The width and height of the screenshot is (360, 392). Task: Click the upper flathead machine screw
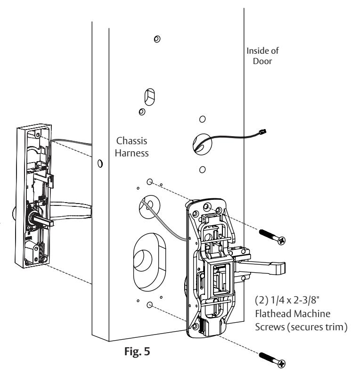(272, 237)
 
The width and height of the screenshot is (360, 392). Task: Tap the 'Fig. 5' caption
(137, 351)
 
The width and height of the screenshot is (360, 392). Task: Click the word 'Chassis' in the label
(132, 141)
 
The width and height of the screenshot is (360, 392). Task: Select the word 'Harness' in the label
(132, 153)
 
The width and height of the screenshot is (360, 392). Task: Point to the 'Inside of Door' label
(262, 56)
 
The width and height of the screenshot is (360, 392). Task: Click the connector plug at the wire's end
(263, 131)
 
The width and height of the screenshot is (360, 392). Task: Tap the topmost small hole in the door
(157, 39)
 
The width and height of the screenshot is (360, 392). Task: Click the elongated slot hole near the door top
(149, 97)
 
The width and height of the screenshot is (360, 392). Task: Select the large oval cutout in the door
(149, 262)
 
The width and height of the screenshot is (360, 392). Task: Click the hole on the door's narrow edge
(100, 163)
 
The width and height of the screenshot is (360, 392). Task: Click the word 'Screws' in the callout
(270, 327)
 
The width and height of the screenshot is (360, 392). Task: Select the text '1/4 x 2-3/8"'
(295, 300)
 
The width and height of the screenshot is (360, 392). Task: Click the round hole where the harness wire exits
(202, 144)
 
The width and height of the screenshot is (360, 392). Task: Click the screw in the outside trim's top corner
(38, 135)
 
